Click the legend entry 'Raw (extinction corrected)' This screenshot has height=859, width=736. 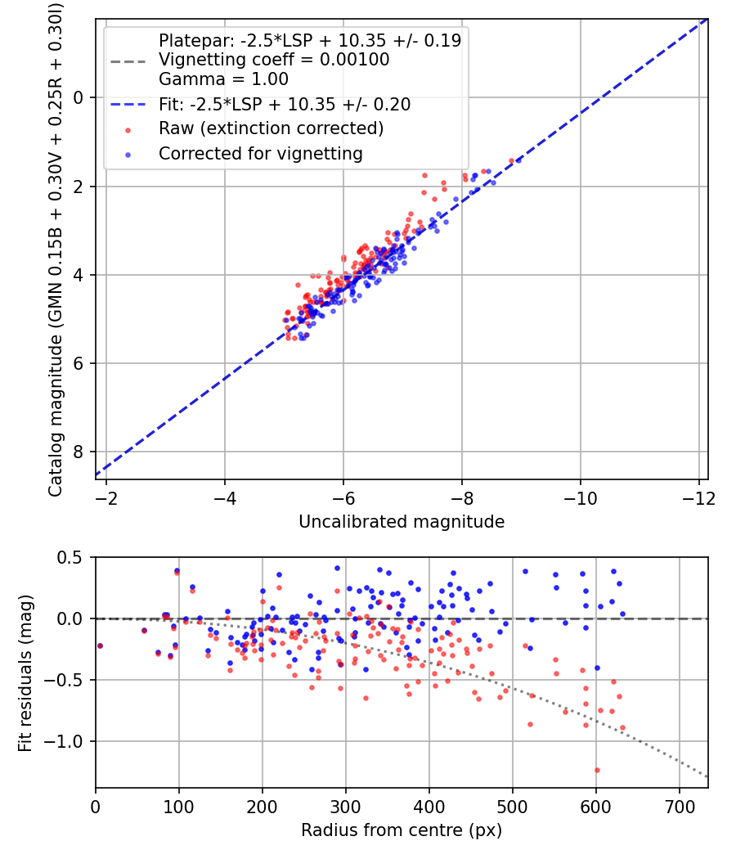click(271, 128)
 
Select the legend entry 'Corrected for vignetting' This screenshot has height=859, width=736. click(261, 153)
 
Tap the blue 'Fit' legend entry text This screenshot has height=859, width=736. click(285, 105)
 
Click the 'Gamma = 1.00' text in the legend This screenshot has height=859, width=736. click(223, 79)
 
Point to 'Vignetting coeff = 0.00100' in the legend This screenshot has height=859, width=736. click(274, 60)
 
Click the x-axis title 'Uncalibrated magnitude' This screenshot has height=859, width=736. click(402, 521)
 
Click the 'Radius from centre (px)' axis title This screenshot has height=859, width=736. click(402, 830)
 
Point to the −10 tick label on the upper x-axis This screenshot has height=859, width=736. click(581, 498)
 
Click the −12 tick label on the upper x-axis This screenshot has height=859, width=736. click(699, 498)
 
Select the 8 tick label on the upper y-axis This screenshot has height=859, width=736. click(79, 452)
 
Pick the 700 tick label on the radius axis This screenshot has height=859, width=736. click(679, 807)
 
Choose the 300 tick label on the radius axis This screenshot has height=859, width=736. click(346, 807)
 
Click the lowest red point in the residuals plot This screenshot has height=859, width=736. click(597, 770)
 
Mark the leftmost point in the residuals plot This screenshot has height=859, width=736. click(100, 645)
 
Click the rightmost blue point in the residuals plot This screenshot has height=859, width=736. click(622, 614)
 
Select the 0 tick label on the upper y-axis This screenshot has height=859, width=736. click(79, 98)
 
